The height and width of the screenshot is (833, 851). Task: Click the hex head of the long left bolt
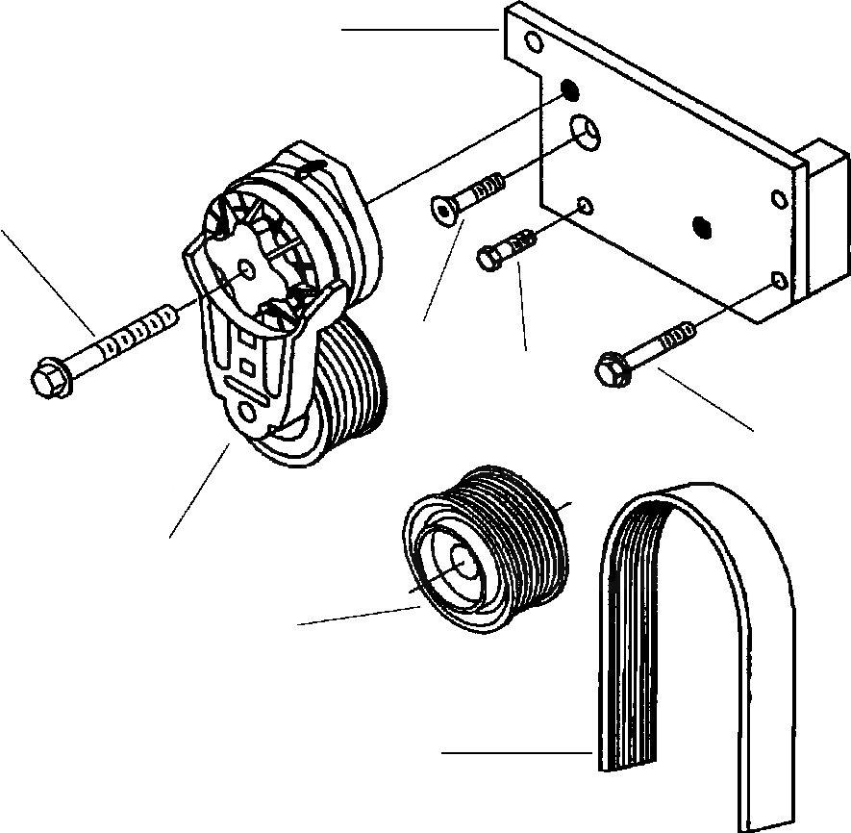[x=48, y=377]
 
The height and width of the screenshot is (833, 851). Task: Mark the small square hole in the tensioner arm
[x=247, y=366]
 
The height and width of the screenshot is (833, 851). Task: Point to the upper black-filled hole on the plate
[x=569, y=90]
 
